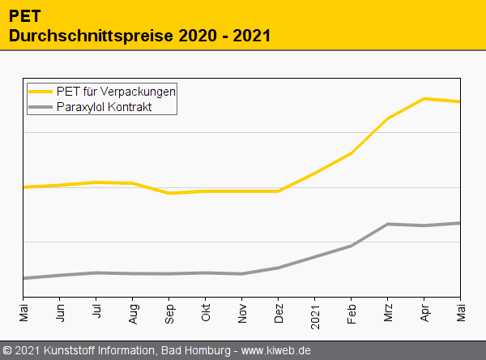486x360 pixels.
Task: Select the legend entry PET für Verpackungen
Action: click(x=116, y=91)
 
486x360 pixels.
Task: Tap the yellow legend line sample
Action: click(x=41, y=91)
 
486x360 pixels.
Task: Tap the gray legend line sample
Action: click(x=41, y=106)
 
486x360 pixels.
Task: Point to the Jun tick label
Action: click(x=61, y=312)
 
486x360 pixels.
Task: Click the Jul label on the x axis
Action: click(x=97, y=311)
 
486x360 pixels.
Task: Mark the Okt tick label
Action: click(x=207, y=312)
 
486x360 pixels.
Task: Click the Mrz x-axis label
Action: click(x=388, y=312)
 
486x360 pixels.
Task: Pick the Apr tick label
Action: click(x=424, y=312)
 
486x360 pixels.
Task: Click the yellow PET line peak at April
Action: click(x=424, y=99)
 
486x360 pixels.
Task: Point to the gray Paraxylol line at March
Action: click(x=388, y=224)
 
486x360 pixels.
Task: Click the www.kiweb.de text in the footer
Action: click(x=277, y=351)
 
